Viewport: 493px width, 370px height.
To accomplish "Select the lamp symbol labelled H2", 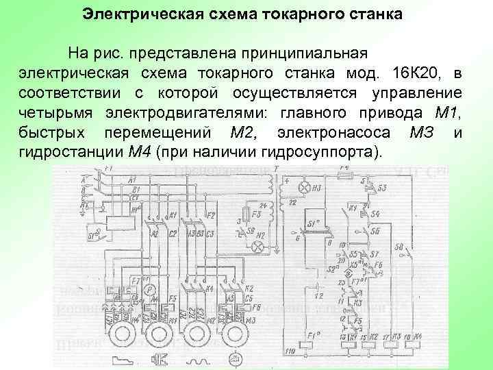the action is (x=259, y=245).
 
